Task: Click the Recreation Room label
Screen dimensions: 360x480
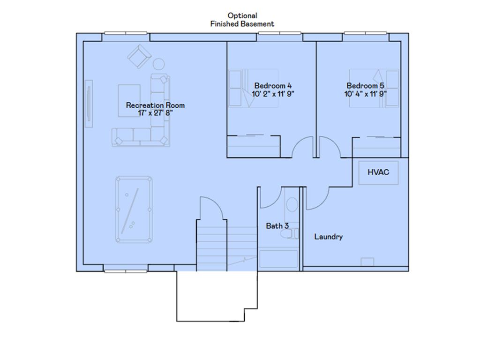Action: (x=155, y=105)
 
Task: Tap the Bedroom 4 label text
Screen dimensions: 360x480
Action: (x=273, y=86)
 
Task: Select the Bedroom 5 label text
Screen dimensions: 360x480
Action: (x=365, y=86)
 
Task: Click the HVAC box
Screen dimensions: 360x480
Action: (x=378, y=172)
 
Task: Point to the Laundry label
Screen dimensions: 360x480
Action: (x=328, y=237)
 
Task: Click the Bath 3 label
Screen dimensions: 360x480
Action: (x=277, y=226)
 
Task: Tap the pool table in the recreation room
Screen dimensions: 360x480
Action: (x=134, y=210)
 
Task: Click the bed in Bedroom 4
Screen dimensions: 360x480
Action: (x=253, y=88)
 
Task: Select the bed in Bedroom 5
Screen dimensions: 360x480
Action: (x=374, y=88)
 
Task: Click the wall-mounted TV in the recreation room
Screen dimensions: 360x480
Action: (x=89, y=103)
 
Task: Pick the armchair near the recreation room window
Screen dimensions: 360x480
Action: (x=139, y=57)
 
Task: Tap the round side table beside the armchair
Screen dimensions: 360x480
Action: (x=159, y=63)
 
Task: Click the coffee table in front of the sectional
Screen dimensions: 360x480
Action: (x=129, y=100)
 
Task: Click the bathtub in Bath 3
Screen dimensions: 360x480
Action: (x=278, y=259)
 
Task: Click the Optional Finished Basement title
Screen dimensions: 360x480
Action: (x=242, y=20)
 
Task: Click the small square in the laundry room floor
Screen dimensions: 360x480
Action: (x=367, y=262)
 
